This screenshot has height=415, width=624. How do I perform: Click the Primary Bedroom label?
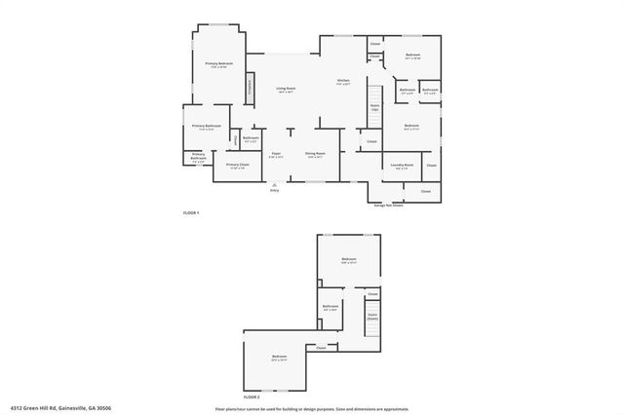pos(216,64)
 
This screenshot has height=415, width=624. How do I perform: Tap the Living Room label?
pos(286,90)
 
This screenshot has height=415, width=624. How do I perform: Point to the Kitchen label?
pos(343,82)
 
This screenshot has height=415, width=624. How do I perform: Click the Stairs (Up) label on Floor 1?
pos(374,107)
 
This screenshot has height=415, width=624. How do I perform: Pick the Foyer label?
pos(277,154)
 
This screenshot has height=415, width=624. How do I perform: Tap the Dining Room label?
pos(315,154)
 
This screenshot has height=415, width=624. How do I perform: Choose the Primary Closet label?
pos(238,166)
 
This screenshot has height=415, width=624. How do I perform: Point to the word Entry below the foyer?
pos(274,190)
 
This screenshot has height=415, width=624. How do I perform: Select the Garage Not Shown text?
pos(388,205)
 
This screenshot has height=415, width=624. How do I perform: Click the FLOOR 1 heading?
pos(191,212)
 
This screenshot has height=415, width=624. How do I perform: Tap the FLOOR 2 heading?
pos(252,397)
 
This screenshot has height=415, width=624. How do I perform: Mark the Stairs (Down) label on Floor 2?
pos(371,317)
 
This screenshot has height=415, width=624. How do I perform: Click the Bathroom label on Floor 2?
pos(331,308)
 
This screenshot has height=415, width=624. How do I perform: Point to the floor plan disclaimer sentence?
pos(311,409)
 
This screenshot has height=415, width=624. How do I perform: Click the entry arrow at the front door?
pos(274,183)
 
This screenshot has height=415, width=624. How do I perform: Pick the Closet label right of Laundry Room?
pos(431,166)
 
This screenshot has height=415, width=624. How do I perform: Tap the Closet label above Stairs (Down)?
pos(371,294)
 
